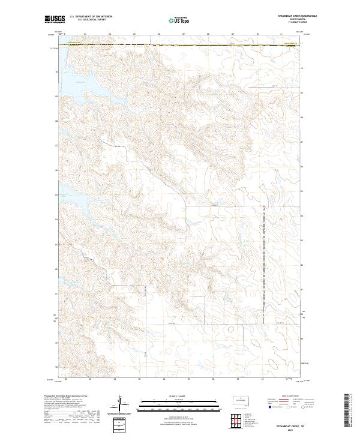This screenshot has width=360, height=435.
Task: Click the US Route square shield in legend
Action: tap(287, 407)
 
